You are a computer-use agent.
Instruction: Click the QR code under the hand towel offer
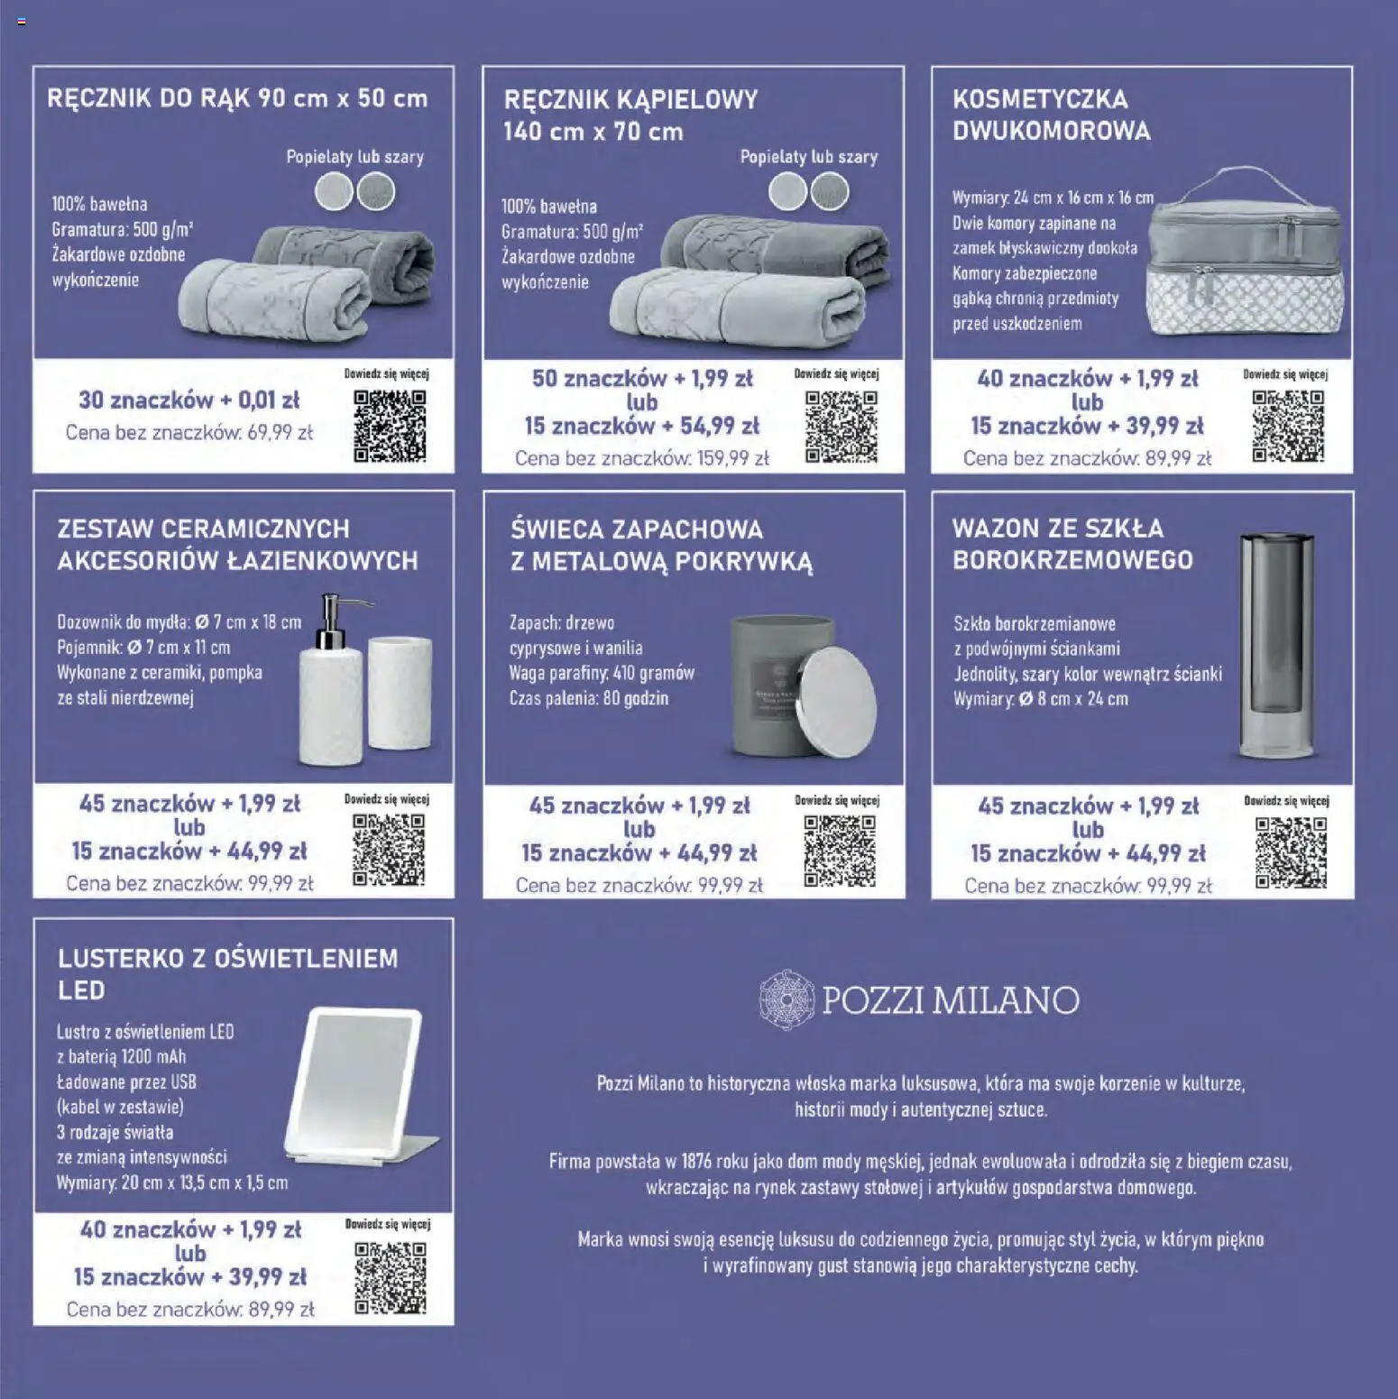point(390,426)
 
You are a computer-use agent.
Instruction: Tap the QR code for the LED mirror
point(390,1277)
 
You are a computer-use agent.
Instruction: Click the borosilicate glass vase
point(1276,647)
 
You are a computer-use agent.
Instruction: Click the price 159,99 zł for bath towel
point(732,458)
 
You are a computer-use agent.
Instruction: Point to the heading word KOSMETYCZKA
point(1040,99)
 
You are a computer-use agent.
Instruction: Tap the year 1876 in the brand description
point(696,1162)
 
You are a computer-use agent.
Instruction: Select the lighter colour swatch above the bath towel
point(787,192)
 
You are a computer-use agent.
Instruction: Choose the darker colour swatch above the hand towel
point(376,192)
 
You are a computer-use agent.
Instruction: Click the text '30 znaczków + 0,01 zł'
point(189,400)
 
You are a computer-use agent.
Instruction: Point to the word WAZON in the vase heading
point(993,529)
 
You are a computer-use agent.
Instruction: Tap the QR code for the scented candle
point(840,851)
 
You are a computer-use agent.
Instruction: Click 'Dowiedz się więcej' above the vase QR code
point(1286,800)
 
